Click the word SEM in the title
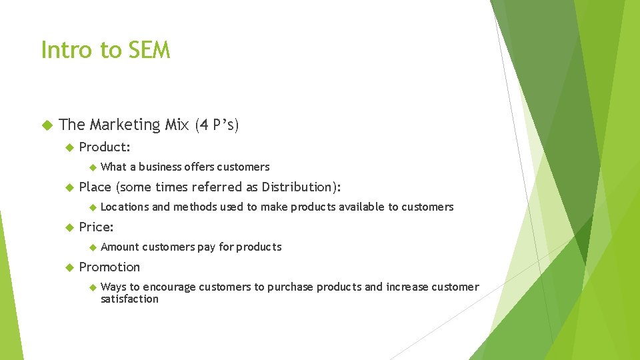pos(151,50)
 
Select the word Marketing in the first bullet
pos(125,125)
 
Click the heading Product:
pos(105,147)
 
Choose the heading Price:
pos(96,227)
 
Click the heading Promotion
pos(109,267)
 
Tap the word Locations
pos(125,207)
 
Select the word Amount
pos(119,247)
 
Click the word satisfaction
pos(129,299)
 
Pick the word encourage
pos(169,287)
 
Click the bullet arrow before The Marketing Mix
pos(47,125)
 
